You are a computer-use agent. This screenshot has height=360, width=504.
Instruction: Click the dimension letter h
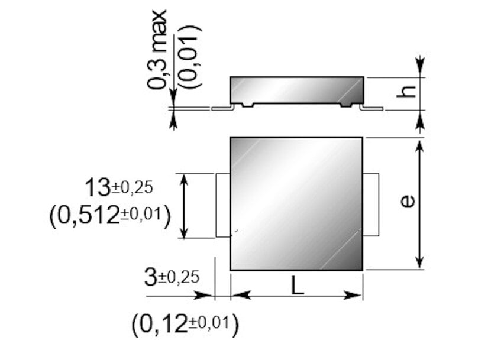tap(406, 92)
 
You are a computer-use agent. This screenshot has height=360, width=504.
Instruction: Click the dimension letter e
tap(408, 202)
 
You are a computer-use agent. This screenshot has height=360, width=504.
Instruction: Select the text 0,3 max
tap(157, 50)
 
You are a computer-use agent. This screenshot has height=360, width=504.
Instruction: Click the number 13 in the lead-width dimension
tap(98, 187)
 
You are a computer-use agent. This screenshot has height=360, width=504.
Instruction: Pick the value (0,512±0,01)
tap(109, 216)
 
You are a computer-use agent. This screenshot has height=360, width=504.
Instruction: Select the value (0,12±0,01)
tap(186, 325)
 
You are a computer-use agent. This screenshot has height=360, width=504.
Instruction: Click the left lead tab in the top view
tap(223, 205)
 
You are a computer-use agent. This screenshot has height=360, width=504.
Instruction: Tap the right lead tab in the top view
tap(371, 205)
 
